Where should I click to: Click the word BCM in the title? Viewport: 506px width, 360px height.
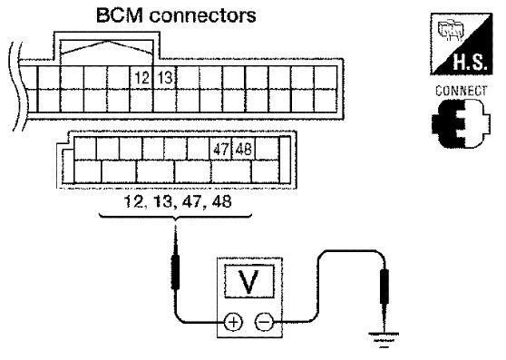pos(120,15)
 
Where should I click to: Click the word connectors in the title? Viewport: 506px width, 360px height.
pos(202,15)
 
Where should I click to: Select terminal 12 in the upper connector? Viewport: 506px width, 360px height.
pos(141,78)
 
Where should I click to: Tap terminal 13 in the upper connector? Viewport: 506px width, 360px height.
pos(165,78)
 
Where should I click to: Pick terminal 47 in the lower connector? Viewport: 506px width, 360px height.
pos(220,149)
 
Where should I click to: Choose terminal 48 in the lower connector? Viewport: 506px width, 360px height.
pos(243,149)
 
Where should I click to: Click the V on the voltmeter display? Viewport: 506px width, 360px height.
pos(248,282)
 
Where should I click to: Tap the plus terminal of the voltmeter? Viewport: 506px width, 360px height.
pos(233,322)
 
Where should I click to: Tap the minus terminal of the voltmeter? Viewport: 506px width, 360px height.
pos(264,322)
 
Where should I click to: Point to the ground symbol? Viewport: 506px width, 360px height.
pos(384,340)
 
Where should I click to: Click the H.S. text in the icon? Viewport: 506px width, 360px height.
pos(470,62)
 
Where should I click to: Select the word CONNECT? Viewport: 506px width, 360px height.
pos(462,91)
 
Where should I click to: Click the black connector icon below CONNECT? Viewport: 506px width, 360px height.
pos(461,123)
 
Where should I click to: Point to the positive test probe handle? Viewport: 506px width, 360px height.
pos(176,272)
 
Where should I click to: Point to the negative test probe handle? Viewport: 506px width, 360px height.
pos(384,287)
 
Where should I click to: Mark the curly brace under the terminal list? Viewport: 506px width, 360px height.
pos(175,218)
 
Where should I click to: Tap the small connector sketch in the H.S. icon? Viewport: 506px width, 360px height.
pos(451,30)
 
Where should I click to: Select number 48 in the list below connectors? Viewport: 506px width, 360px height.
pos(221,202)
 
